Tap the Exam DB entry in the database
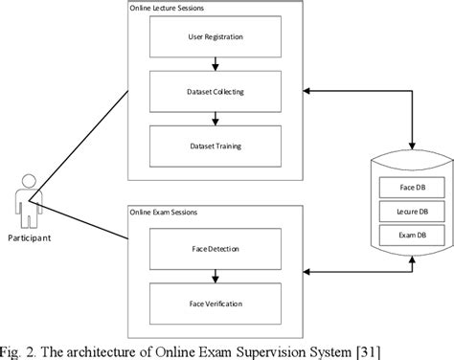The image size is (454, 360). click(402, 233)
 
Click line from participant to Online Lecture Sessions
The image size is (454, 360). click(81, 144)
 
